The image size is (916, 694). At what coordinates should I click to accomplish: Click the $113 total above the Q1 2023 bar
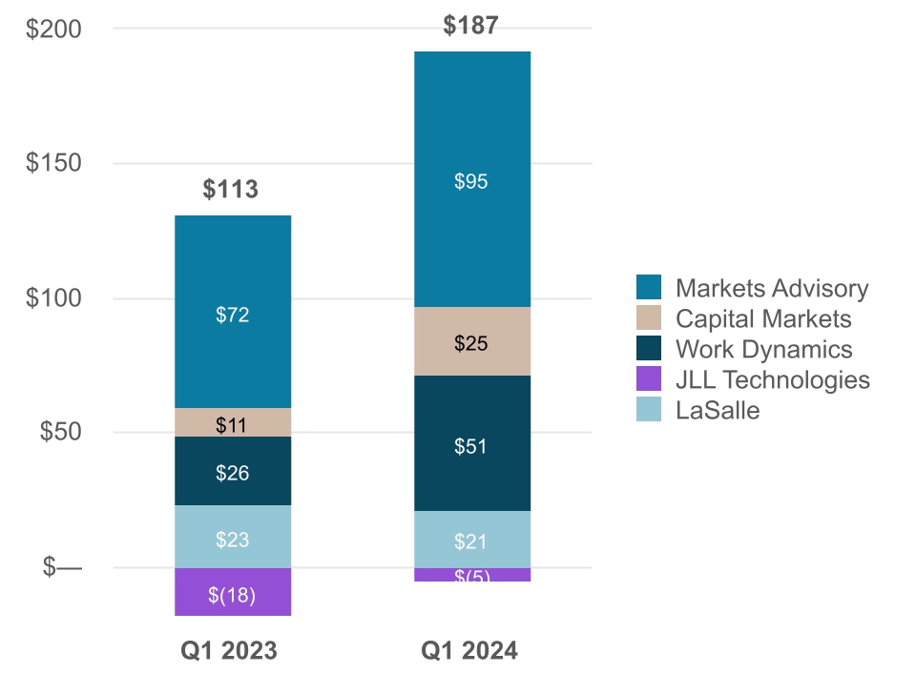231,190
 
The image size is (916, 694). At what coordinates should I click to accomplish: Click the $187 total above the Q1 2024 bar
470,25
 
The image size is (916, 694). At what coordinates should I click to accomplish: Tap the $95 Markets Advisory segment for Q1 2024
471,180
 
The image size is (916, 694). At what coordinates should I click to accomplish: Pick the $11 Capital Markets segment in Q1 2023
232,423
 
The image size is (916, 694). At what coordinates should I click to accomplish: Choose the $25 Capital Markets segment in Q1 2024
471,342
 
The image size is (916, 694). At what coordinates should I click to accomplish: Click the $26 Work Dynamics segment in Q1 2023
232,471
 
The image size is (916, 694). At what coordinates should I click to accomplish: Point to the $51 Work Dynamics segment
471,444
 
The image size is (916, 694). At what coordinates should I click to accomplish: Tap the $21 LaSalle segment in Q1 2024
471,541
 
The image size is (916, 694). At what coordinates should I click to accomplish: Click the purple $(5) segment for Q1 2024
471,575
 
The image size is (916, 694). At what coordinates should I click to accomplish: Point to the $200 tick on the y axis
54,29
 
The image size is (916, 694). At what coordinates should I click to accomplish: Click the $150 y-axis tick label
54,163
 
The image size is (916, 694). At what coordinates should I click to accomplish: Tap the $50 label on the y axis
60,432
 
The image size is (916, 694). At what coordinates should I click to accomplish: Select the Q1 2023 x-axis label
230,651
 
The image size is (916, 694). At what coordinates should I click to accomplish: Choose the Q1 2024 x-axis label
469,651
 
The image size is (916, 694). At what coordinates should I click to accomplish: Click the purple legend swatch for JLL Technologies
649,380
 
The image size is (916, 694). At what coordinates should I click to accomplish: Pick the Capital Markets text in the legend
763,319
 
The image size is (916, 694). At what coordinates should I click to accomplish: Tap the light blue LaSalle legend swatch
649,411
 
